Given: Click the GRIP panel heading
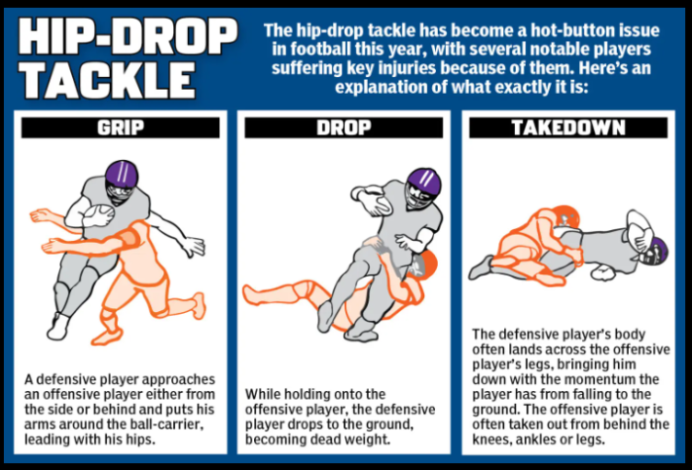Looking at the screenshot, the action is pos(121,127).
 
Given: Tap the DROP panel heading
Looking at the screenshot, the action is pos(344,127).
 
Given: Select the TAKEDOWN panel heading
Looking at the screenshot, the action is pos(568,127).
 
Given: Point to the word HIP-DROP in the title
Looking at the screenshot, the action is pos(128,37).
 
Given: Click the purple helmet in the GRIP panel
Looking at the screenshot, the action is pos(122,179).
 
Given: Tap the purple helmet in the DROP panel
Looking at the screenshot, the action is pos(423,186).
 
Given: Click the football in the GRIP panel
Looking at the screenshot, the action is pos(99,214).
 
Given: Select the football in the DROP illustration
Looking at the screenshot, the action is pos(375,203).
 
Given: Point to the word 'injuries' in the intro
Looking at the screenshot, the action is pos(405,68).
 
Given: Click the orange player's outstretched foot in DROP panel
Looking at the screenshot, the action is pos(250,294).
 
